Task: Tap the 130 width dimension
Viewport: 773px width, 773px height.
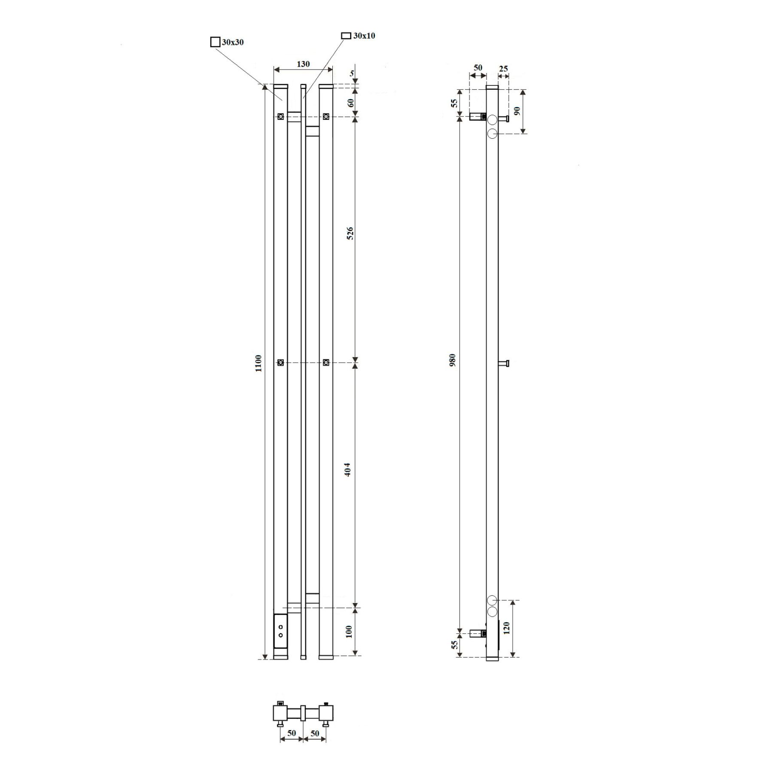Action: pos(303,64)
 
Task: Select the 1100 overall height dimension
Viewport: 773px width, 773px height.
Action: pos(258,363)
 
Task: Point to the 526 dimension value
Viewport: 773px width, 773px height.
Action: pos(350,233)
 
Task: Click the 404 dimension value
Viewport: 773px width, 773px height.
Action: pos(348,469)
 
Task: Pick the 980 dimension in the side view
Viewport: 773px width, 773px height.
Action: pos(452,360)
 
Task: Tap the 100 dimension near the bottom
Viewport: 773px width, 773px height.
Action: pos(349,631)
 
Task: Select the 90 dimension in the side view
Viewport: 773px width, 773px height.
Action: pos(517,111)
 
